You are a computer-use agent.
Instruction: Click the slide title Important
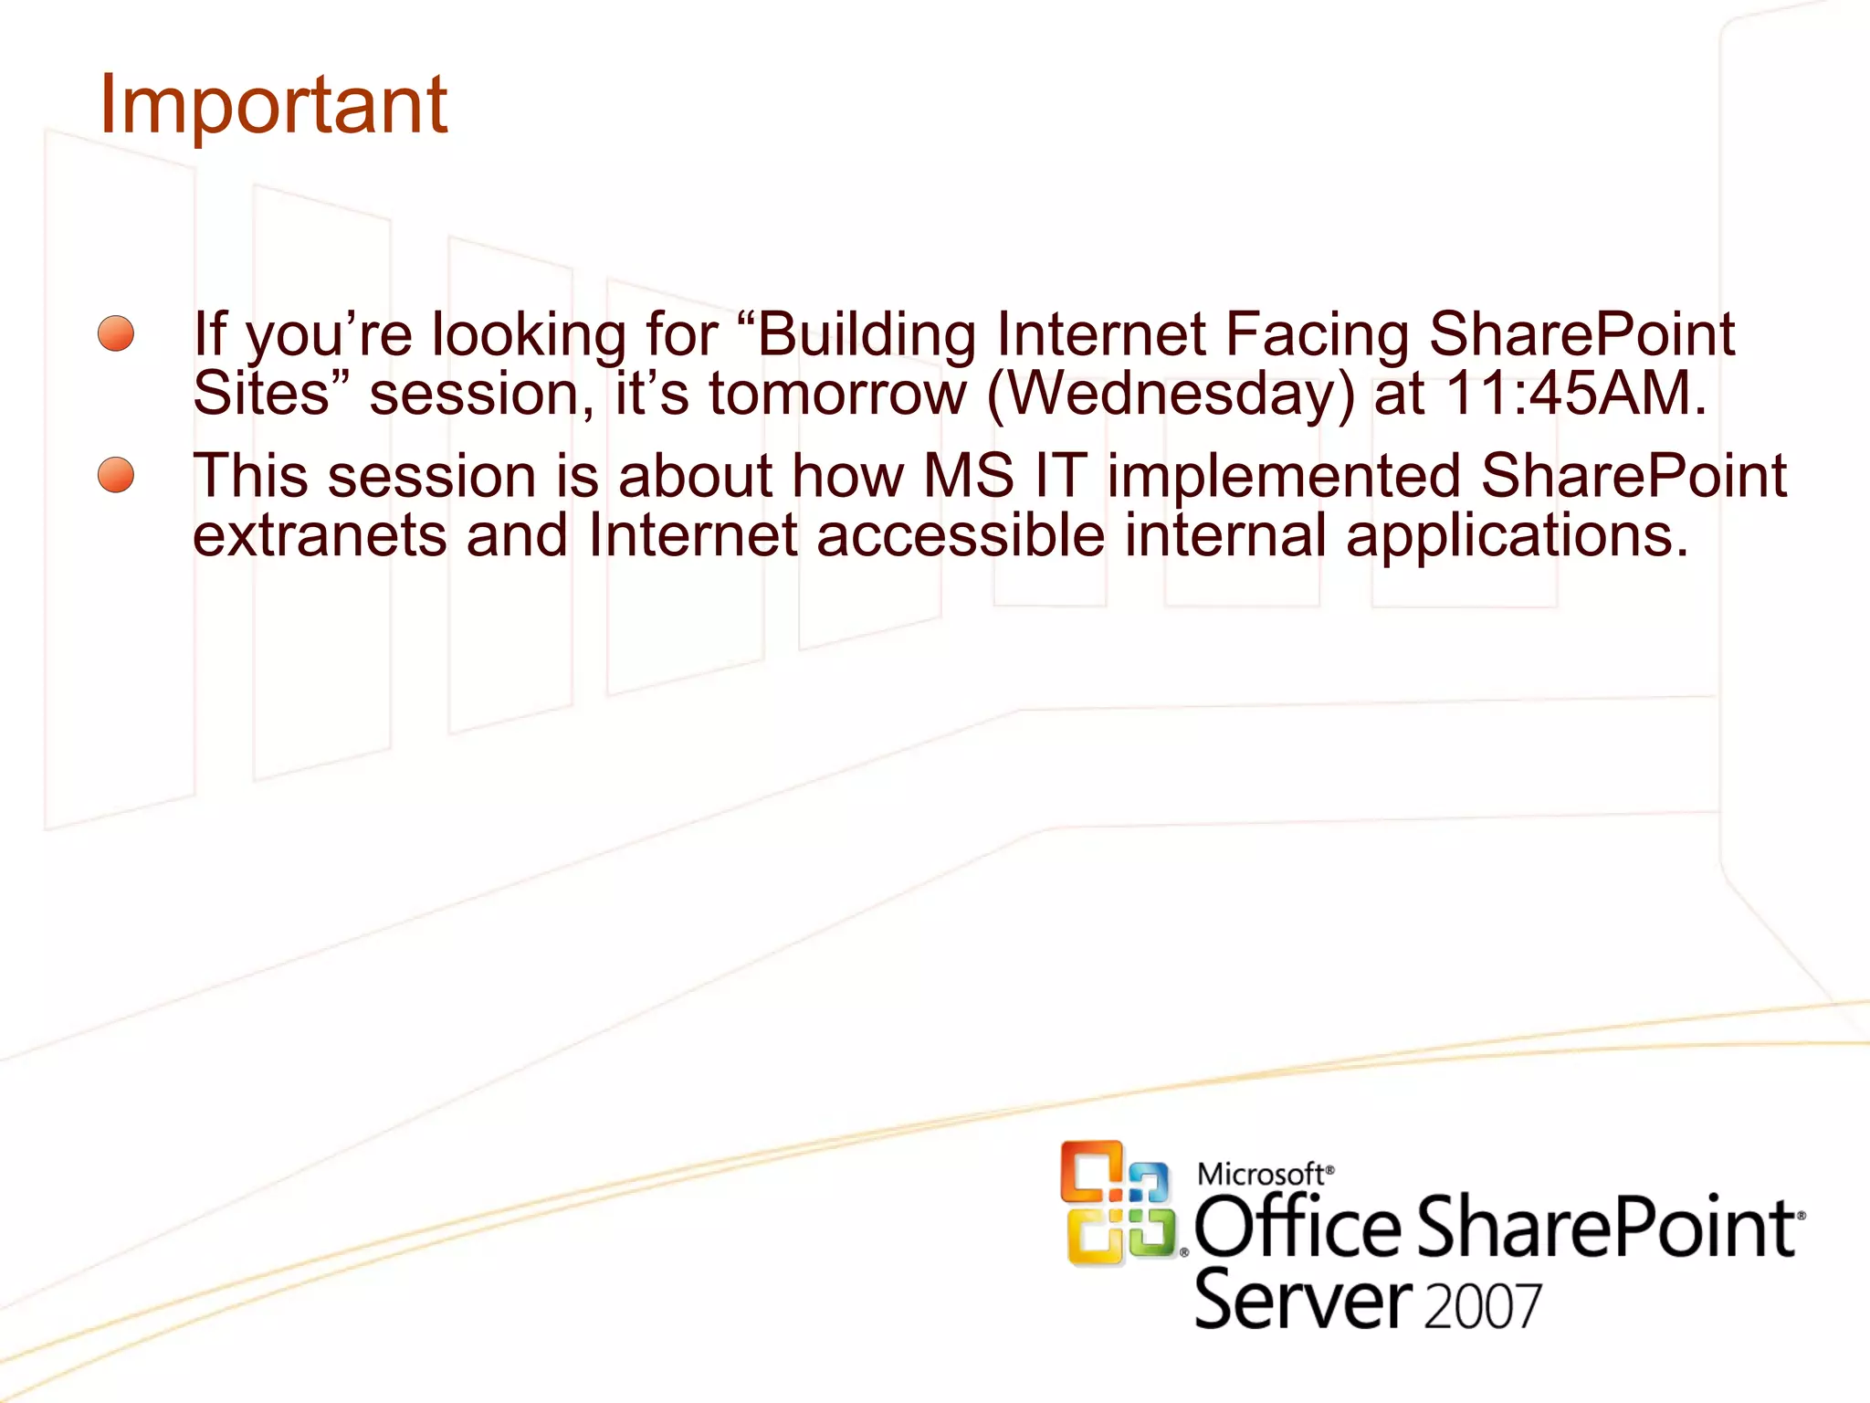pos(272,105)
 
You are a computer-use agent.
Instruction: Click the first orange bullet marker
pos(116,333)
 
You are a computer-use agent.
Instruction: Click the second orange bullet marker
pos(116,475)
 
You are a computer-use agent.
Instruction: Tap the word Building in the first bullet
pos(866,334)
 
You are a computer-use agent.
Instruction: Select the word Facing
pos(1317,334)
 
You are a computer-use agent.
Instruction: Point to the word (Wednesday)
pos(1171,395)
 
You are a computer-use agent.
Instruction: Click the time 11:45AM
pos(1576,394)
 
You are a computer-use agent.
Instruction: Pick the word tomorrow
pos(837,395)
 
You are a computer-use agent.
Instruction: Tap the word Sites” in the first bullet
pos(270,394)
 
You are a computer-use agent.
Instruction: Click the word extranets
pos(320,535)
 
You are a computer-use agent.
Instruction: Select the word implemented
pos(1284,477)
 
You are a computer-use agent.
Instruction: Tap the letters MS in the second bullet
pos(968,476)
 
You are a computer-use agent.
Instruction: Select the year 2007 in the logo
pos(1482,1306)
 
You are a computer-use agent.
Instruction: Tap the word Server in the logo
pos(1303,1301)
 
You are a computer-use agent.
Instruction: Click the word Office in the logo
pos(1297,1229)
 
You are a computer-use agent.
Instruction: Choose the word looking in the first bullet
pos(529,335)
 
